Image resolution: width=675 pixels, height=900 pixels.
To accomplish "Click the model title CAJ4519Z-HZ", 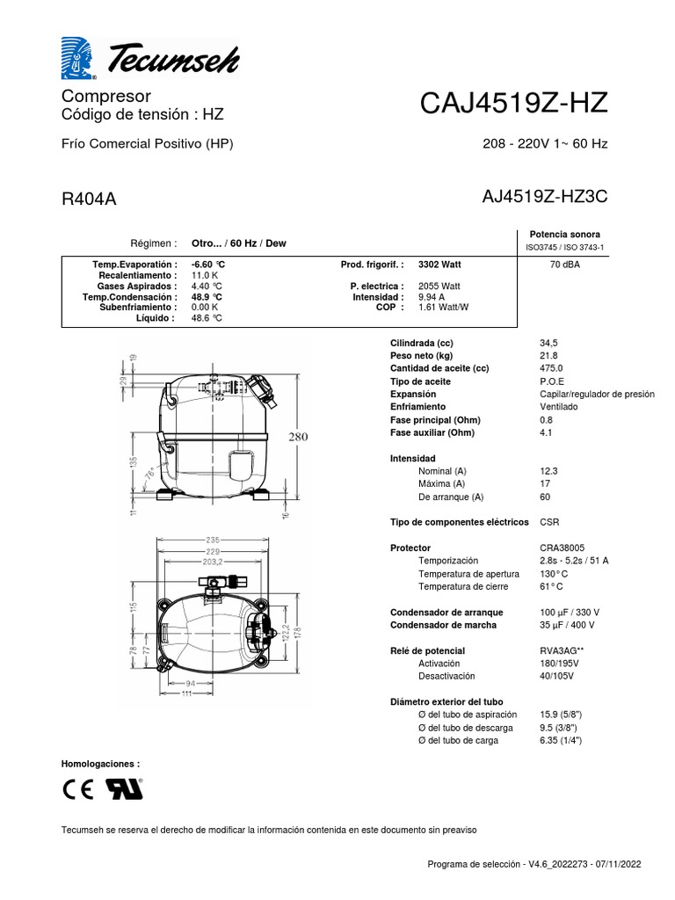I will pos(513,104).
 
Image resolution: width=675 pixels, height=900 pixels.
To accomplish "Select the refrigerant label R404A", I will pos(89,199).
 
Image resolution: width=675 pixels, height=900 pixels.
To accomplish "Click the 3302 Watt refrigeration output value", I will pos(439,265).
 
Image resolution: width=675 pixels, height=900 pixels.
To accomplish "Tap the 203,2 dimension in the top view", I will pos(212,561).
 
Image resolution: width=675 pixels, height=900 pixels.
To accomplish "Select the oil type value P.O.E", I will pos(553,381).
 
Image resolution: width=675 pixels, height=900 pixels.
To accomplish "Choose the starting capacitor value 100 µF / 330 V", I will pos(568,612).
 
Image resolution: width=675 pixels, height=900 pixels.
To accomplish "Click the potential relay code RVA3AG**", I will pos(563,650).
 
